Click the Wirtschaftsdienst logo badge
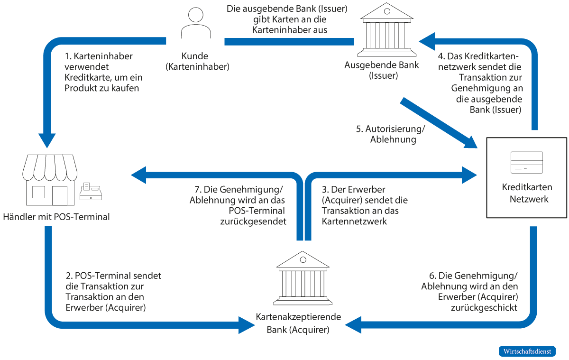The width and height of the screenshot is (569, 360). click(527, 351)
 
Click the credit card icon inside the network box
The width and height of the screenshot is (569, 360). click(526, 163)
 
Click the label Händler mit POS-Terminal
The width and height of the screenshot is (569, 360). click(56, 217)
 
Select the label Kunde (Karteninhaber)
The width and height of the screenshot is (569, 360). click(197, 61)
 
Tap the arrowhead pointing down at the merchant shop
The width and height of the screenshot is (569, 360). click(47, 139)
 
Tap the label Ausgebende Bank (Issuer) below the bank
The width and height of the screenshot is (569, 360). click(382, 70)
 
